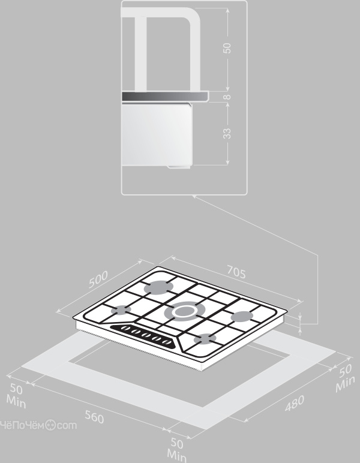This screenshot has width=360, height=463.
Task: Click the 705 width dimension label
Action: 236,272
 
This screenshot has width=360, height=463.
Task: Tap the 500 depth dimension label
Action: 98,279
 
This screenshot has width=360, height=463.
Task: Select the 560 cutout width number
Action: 95,417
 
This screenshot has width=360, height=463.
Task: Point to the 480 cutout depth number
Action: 295,403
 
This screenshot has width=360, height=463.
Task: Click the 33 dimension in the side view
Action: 227,134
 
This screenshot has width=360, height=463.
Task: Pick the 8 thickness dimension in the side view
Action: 227,97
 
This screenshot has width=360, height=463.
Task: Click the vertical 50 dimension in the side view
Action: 227,48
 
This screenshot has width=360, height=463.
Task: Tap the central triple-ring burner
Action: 184,311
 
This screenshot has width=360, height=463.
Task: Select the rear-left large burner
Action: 159,287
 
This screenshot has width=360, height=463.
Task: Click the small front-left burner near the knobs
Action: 121,310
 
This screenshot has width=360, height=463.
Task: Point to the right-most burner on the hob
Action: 242,316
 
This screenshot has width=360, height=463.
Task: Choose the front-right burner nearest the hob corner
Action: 205,339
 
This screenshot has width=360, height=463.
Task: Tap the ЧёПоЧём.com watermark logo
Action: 38,425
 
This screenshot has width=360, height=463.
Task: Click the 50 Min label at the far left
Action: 16,396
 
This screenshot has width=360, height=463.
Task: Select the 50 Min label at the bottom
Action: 176,449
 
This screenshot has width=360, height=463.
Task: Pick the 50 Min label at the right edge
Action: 345,378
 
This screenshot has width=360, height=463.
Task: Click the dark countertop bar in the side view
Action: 165,97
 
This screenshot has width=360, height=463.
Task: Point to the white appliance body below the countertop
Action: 157,134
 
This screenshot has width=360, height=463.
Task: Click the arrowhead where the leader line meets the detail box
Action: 194,197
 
